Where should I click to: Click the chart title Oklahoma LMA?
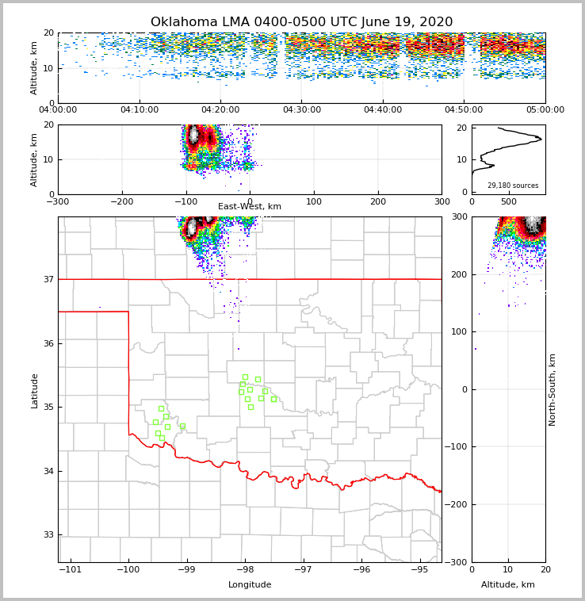coord(301,22)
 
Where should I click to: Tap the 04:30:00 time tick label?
coord(301,110)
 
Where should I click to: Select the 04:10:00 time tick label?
coord(140,110)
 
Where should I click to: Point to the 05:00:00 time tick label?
coord(545,110)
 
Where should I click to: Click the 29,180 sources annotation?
coord(512,186)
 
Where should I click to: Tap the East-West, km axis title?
coord(250,207)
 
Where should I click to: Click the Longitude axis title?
coord(250,585)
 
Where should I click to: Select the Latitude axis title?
coord(34,390)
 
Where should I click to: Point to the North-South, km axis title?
coord(552,390)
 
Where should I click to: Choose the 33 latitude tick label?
coord(48,535)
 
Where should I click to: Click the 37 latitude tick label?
coord(48,279)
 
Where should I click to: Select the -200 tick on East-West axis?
coord(121,201)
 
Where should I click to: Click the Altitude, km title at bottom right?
coord(508,585)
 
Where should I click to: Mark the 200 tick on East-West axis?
coord(378,201)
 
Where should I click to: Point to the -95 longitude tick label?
coord(419,570)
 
